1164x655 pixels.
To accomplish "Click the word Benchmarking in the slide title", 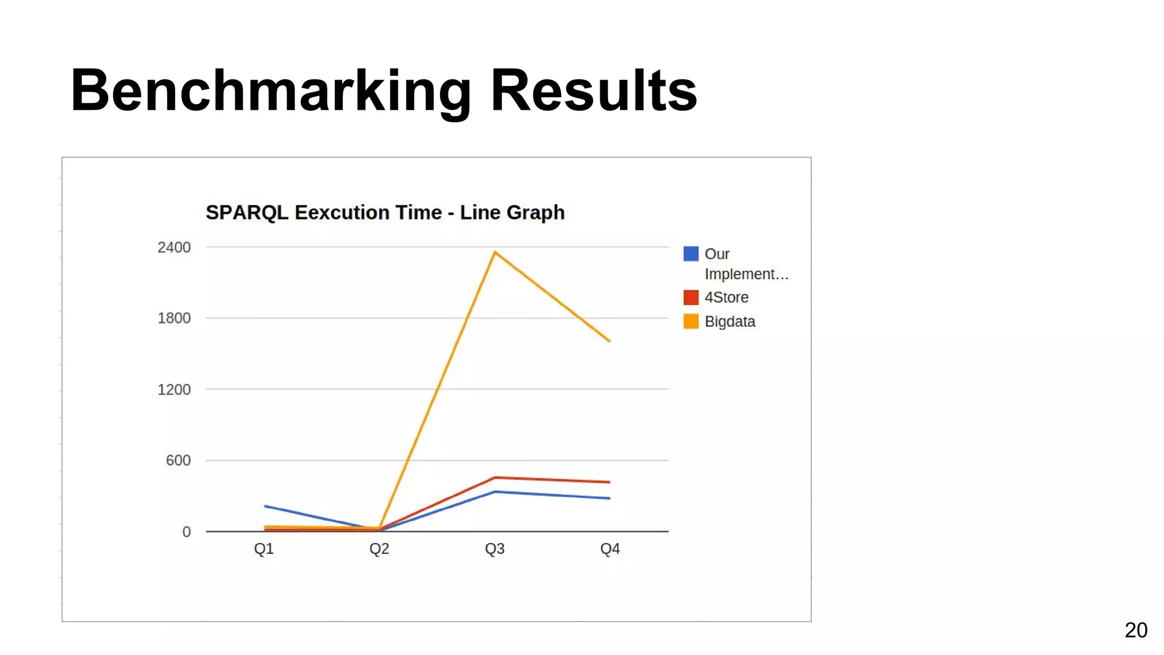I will tap(271, 91).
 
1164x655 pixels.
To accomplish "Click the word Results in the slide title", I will tap(593, 91).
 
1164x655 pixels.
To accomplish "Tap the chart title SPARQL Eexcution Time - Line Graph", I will tap(385, 213).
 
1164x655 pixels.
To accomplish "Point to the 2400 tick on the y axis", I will tap(174, 247).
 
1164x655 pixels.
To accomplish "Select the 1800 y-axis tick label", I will tap(174, 318).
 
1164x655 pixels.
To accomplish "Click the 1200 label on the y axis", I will tap(174, 389).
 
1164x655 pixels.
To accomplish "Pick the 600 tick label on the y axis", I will tap(178, 460).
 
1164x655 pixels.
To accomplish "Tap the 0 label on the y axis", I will tap(186, 532).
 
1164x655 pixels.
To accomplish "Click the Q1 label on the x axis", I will tap(264, 549).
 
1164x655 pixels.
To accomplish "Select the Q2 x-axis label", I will tap(379, 549).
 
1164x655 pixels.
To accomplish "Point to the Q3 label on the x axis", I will tap(494, 549).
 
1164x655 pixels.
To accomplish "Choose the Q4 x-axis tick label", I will tap(610, 549).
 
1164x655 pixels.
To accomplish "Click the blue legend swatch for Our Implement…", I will tap(691, 254).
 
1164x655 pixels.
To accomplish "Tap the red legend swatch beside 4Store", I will tap(691, 297).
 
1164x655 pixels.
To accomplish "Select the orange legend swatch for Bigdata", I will tap(691, 321).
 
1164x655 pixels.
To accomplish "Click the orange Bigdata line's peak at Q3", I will tap(495, 252).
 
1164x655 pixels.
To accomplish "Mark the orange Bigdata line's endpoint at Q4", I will tap(609, 341).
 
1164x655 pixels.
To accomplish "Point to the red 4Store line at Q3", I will tap(495, 478).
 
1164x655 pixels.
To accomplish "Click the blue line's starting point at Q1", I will tap(265, 506).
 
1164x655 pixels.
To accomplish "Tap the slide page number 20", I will tap(1136, 630).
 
